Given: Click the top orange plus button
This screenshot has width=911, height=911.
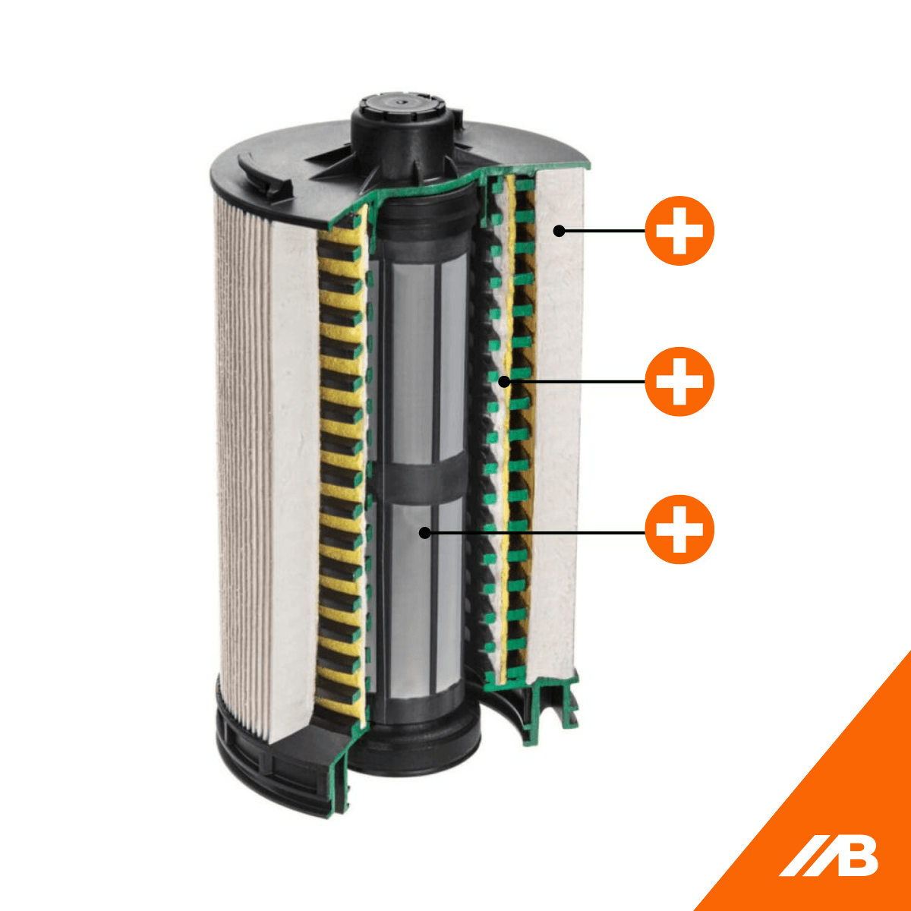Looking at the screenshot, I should pyautogui.click(x=679, y=231).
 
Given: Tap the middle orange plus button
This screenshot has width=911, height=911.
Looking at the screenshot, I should pyautogui.click(x=679, y=381).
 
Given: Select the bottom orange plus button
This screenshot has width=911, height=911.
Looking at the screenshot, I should pyautogui.click(x=679, y=530).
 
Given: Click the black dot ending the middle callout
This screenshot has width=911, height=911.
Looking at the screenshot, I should pyautogui.click(x=503, y=381).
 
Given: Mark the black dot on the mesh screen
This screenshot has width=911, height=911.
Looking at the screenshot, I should pyautogui.click(x=425, y=533).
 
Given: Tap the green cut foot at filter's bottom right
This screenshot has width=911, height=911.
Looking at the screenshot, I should pyautogui.click(x=550, y=706).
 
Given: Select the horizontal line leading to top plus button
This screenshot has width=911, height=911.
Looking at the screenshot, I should pyautogui.click(x=604, y=231).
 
